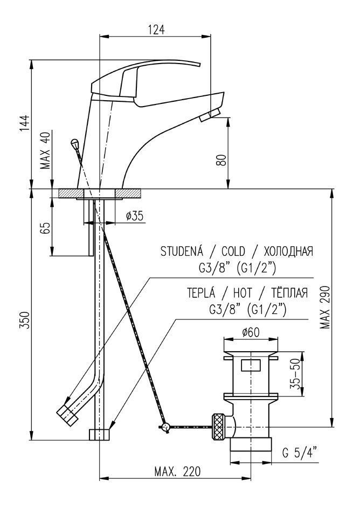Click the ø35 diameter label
tap(134, 216)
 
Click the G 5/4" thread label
tap(300, 453)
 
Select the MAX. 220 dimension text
tap(177, 471)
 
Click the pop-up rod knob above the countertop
tap(74, 143)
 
